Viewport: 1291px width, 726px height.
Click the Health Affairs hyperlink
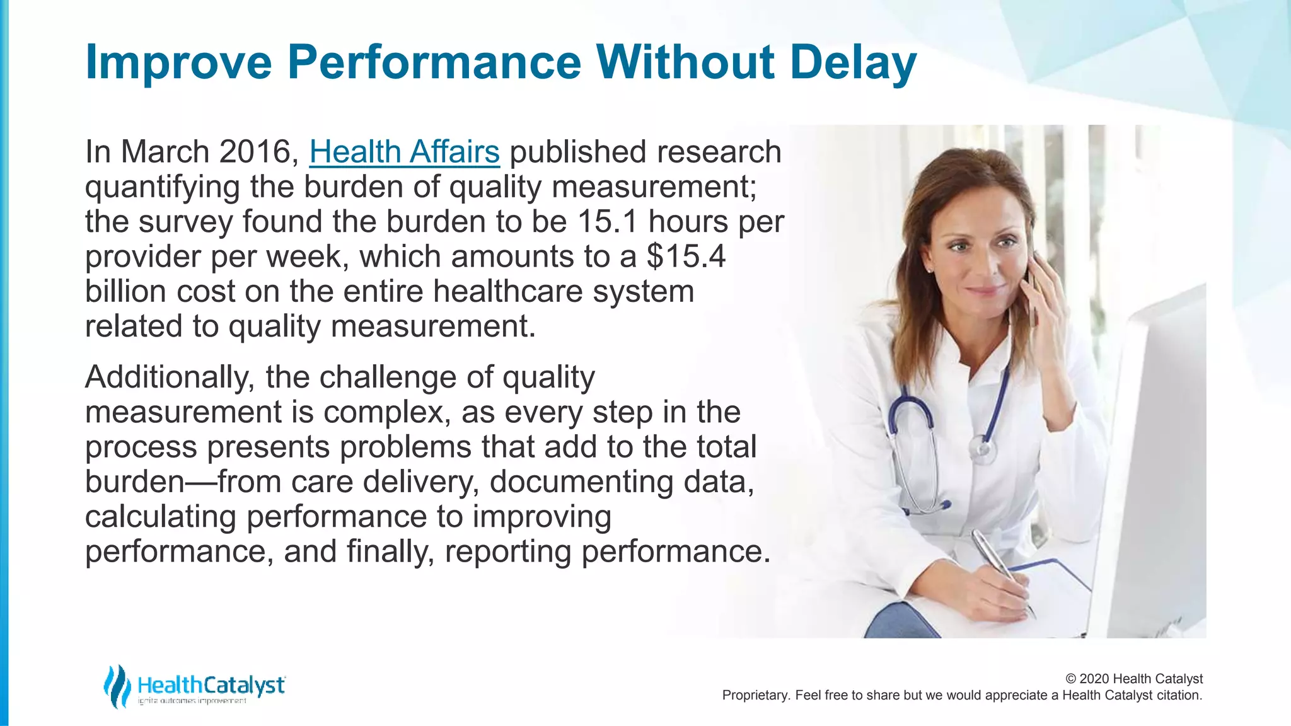point(404,153)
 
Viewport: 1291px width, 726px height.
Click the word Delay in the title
point(853,63)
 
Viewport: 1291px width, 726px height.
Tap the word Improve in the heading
point(178,63)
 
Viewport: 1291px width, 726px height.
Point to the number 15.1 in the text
point(607,222)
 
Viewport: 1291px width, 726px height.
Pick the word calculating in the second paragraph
point(160,517)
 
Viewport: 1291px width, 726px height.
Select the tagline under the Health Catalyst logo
point(192,701)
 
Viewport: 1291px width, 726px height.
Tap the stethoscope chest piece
point(982,449)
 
